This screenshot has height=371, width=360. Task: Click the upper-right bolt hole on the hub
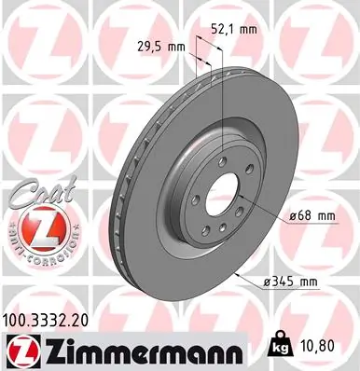[x=246, y=172]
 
